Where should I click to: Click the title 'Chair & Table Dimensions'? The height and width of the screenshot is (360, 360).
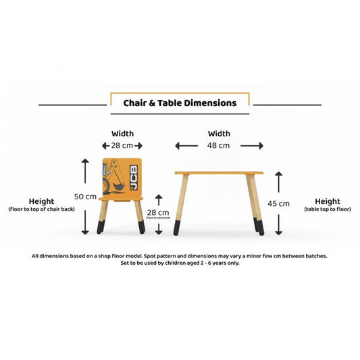pos(180,104)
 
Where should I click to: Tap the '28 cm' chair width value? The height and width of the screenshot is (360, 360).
pos(122,146)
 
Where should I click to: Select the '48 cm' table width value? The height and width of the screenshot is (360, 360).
pos(219,146)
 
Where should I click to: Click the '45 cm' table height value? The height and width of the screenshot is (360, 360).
pos(279,203)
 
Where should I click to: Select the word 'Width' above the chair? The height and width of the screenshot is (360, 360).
pos(122,134)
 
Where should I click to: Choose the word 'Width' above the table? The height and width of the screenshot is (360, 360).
pos(219,134)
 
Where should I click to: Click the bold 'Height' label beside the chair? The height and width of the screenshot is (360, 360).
pos(42,201)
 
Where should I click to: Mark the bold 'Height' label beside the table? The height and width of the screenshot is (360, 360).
pos(328,201)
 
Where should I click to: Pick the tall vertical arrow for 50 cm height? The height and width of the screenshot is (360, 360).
pos(85,196)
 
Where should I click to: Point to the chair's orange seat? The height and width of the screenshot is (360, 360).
pos(122,198)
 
